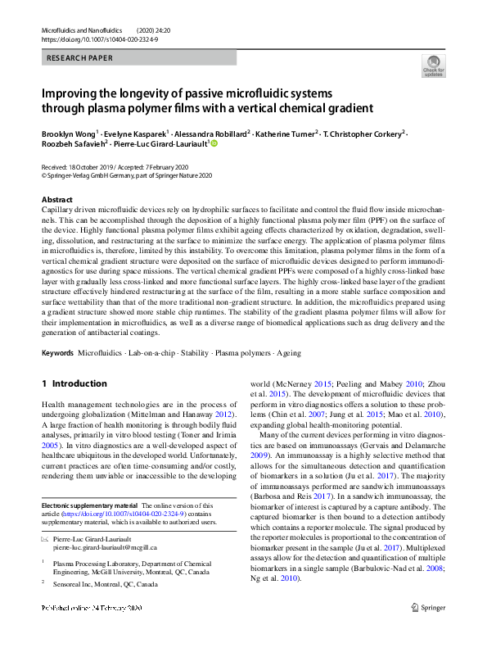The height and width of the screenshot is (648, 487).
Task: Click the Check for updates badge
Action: pos(433,66)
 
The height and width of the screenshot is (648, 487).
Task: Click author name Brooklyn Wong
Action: pos(68,133)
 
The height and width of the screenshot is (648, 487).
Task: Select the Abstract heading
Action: pos(57,200)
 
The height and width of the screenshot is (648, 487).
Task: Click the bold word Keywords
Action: pos(56,353)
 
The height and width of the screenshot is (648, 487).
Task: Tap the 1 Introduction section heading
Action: pos(74,383)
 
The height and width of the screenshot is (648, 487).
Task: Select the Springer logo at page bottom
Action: pos(429,631)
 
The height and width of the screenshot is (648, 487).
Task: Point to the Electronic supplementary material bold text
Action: pos(89,506)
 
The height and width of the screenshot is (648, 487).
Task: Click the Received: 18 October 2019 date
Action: pos(77,166)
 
